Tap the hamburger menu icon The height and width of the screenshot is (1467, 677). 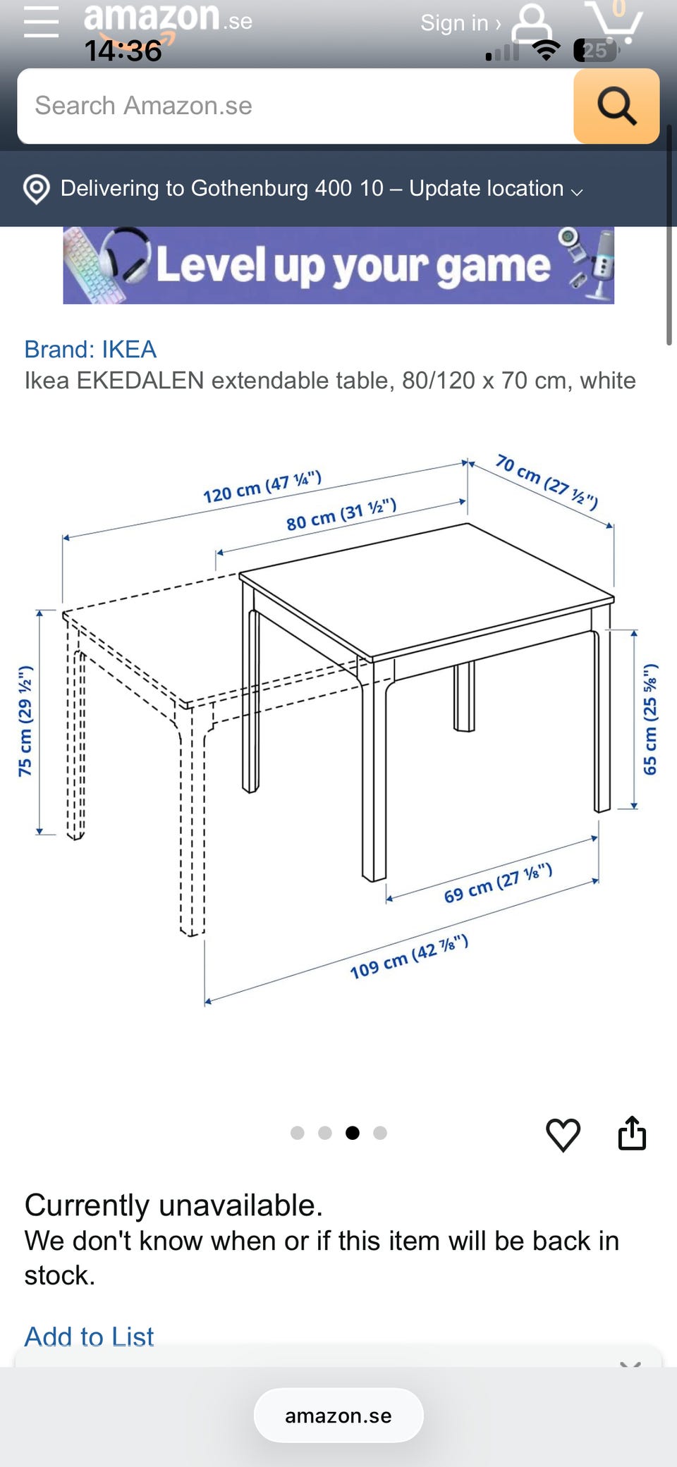[41, 21]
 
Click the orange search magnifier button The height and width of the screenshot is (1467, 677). [616, 106]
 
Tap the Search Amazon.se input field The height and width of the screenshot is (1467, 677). [295, 106]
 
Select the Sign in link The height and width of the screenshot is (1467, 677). [461, 23]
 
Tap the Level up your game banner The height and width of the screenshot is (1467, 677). [338, 265]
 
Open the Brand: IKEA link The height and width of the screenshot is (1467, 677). [90, 349]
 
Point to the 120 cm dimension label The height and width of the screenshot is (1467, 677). [262, 487]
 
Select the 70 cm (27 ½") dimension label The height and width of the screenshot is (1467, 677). [547, 481]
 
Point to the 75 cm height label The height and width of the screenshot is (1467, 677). [25, 721]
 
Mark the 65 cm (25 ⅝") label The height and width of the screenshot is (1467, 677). [650, 719]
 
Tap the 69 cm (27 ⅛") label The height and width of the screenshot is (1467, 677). [498, 883]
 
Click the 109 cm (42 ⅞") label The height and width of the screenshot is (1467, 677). [409, 957]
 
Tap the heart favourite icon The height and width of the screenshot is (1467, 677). [563, 1135]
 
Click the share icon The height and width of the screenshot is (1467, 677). [632, 1133]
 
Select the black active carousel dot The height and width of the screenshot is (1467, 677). [353, 1133]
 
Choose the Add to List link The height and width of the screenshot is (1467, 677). [89, 1336]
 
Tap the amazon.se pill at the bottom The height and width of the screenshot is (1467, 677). [338, 1416]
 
